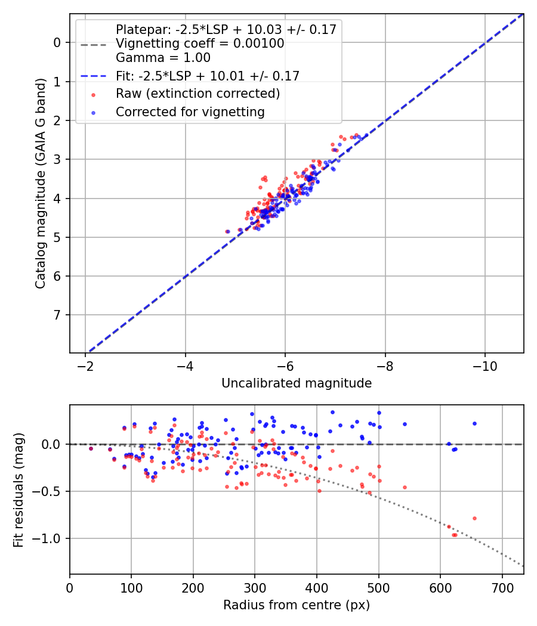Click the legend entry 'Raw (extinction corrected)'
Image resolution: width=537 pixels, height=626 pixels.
[197, 94]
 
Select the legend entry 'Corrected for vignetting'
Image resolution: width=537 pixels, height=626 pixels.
[190, 111]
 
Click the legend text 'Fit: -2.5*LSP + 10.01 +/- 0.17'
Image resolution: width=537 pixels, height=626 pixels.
[207, 76]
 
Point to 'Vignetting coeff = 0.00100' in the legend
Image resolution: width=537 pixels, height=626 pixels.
[200, 44]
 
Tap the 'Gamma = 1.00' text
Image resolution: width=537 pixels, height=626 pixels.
[163, 58]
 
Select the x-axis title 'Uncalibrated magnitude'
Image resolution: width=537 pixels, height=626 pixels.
[297, 383]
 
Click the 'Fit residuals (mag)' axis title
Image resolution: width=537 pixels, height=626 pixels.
[19, 489]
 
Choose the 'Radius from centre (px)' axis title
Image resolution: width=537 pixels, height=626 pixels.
[297, 605]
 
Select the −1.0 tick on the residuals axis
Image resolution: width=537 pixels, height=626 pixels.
[51, 538]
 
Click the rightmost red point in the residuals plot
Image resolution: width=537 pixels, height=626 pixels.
[474, 518]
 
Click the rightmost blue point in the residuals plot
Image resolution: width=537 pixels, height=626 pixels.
[474, 423]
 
